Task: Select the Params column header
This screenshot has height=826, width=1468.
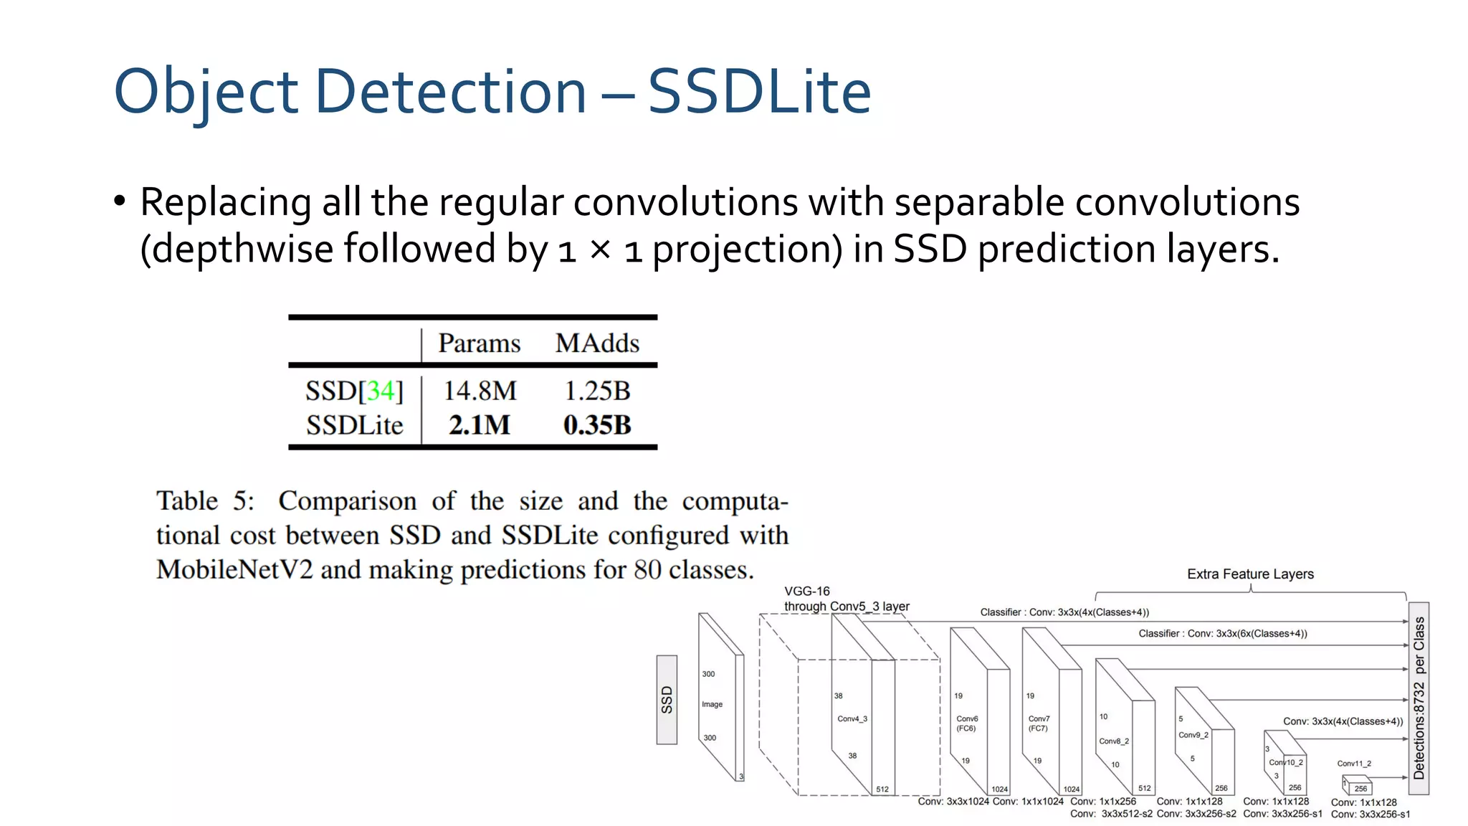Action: tap(479, 343)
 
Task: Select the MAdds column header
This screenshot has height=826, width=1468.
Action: tap(597, 343)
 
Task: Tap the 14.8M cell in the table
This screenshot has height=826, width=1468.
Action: tap(480, 391)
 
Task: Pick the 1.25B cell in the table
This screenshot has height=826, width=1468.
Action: tap(597, 391)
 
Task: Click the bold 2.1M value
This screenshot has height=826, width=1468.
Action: tap(480, 425)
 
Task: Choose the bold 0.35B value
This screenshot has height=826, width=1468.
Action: tap(597, 425)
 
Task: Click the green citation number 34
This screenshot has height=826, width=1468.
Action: tap(381, 391)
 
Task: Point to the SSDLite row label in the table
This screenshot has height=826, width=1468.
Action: tap(354, 426)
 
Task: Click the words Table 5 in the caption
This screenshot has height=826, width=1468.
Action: tap(204, 501)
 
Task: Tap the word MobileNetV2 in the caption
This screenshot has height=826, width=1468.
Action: tap(234, 570)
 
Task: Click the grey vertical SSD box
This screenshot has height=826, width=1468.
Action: tap(667, 700)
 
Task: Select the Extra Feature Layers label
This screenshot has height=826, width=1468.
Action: tap(1250, 574)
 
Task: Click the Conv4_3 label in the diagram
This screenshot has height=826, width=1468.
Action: tap(852, 718)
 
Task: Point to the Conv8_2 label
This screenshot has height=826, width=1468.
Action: tap(1114, 741)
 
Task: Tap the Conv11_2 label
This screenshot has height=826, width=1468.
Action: tap(1353, 764)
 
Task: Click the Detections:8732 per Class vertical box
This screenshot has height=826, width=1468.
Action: tap(1419, 698)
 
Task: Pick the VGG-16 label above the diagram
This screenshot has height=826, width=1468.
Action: tap(806, 592)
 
